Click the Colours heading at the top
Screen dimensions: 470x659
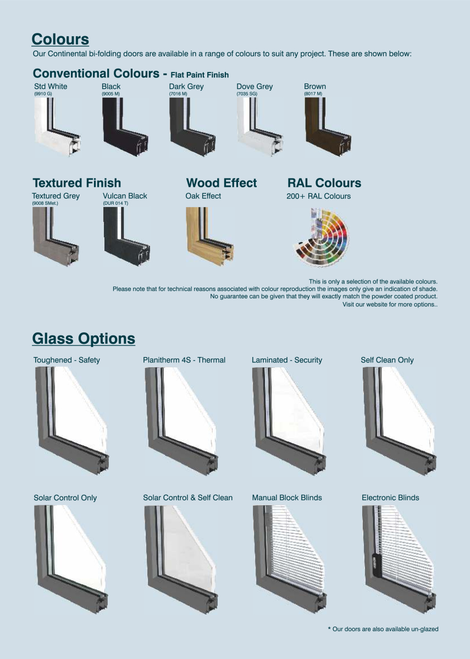coord(60,40)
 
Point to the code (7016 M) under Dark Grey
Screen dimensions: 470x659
coord(178,94)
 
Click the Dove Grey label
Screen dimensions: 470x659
coord(255,87)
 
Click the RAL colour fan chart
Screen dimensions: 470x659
coord(321,237)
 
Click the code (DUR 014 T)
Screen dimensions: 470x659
coord(115,203)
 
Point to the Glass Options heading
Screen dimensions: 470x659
coord(84,339)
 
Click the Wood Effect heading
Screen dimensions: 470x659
coord(222,183)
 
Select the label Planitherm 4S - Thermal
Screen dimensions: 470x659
coord(184,360)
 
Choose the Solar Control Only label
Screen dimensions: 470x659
coord(65,498)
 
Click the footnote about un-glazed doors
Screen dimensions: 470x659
coord(383,629)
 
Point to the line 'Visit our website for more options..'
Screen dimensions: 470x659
coord(390,304)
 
